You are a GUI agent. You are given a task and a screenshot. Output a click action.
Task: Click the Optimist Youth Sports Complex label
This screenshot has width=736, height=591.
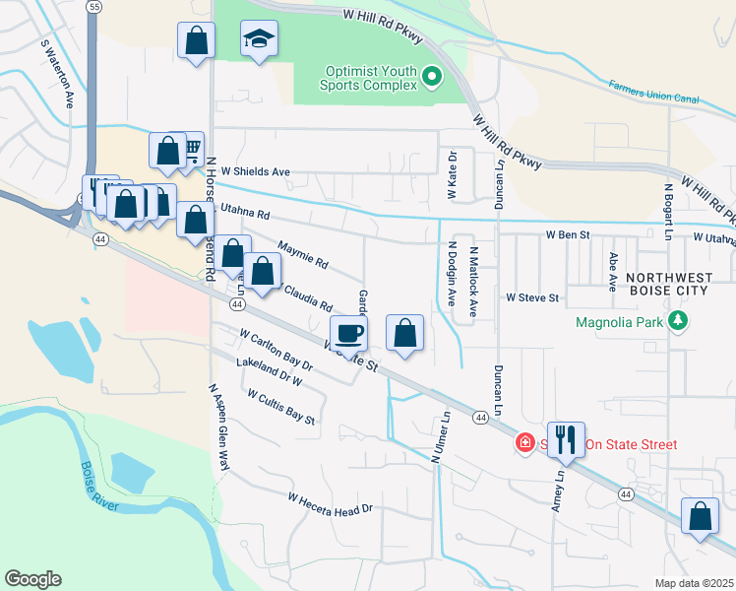(373, 78)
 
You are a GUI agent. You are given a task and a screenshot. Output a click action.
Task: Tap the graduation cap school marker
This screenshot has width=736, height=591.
(259, 39)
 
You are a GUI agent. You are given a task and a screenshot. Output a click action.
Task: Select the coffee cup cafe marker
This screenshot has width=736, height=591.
(348, 333)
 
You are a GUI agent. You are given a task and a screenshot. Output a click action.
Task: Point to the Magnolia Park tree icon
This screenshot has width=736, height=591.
(678, 321)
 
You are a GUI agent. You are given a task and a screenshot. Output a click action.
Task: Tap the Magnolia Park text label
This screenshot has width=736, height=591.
(621, 322)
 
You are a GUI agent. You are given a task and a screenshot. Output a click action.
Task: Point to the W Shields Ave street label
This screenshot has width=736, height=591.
(255, 171)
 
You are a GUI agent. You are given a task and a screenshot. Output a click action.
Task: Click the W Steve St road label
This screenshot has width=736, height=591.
(532, 296)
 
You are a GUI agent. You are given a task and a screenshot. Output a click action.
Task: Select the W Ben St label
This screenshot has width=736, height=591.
(568, 235)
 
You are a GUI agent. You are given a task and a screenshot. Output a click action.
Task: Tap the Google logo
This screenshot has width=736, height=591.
(32, 579)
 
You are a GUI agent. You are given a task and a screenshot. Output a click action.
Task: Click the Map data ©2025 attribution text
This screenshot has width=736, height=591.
(693, 583)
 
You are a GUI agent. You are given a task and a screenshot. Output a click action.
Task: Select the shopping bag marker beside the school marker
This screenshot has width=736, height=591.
(196, 41)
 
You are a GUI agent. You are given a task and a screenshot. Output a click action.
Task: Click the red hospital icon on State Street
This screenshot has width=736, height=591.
(525, 444)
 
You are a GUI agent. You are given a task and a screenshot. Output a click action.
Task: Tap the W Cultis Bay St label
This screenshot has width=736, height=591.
(281, 407)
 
